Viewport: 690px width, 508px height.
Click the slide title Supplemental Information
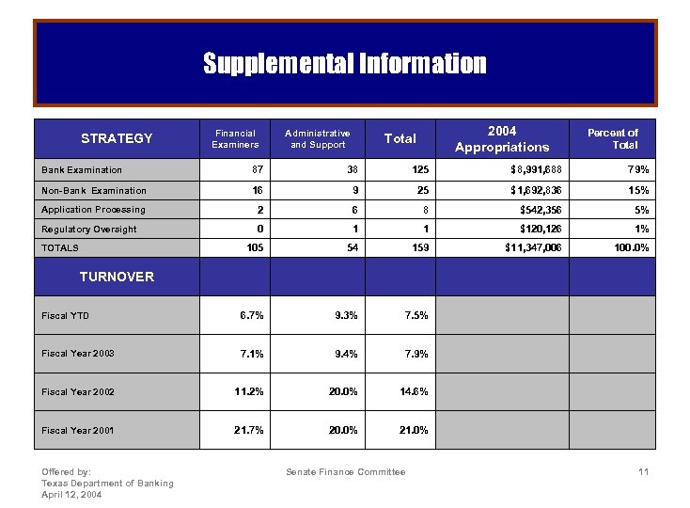click(345, 63)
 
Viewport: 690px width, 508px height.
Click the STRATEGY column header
click(117, 138)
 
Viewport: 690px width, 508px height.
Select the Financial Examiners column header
click(235, 139)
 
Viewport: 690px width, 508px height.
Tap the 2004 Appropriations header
click(502, 139)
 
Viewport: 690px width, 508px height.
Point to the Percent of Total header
click(612, 139)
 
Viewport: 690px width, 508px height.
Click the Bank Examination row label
click(82, 170)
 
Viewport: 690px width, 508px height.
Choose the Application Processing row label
click(93, 210)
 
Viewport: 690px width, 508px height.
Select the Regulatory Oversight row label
click(88, 230)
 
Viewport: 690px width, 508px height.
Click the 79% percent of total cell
click(638, 170)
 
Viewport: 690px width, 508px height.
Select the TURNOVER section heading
click(117, 277)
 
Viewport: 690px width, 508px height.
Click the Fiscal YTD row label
click(65, 315)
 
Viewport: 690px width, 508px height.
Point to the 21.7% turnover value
click(249, 430)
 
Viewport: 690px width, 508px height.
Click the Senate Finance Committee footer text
click(345, 471)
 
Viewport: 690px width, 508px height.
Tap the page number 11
click(643, 471)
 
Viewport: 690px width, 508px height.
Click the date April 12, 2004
click(72, 494)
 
